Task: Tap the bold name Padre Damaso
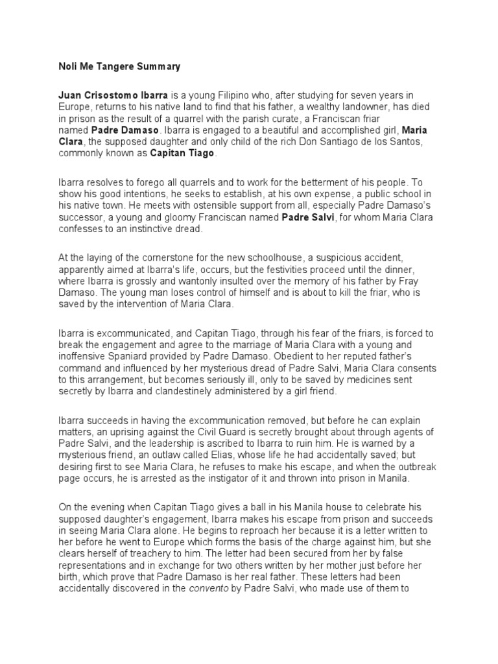[x=91, y=130]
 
